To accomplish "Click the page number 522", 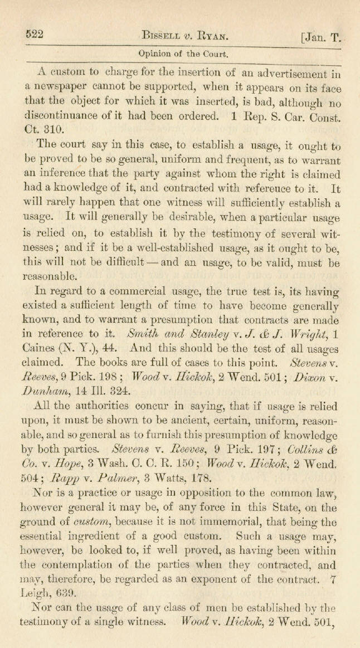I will [35, 34].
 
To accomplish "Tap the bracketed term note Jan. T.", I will [320, 38].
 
